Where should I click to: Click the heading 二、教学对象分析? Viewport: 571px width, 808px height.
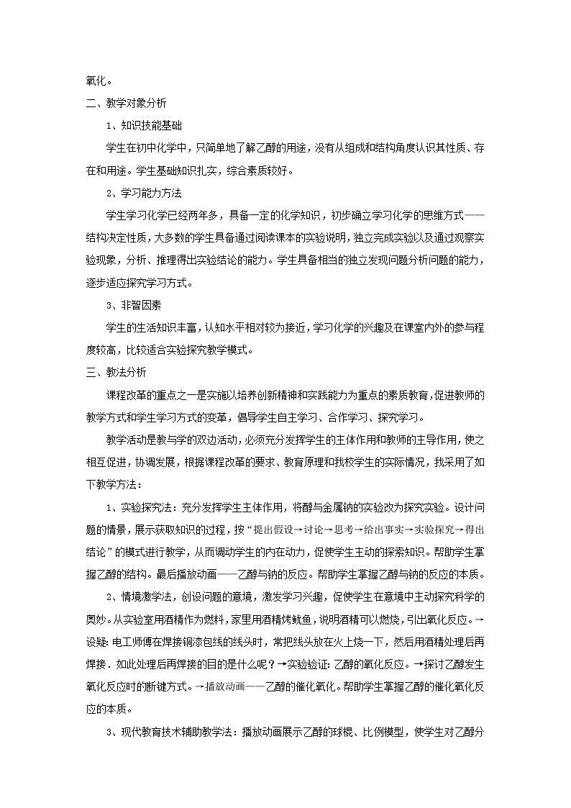[x=122, y=102]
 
